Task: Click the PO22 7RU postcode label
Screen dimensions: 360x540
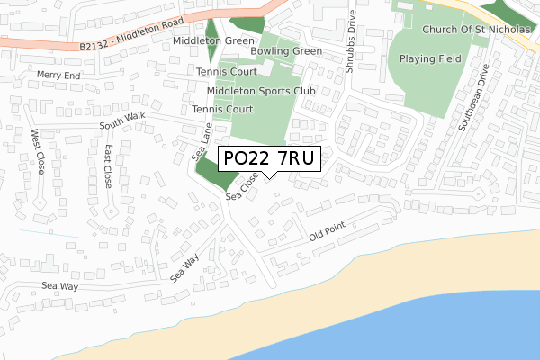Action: [x=269, y=159]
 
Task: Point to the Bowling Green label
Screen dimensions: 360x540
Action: [x=286, y=51]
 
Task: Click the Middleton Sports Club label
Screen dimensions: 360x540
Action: [x=261, y=91]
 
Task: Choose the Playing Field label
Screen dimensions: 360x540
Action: [x=430, y=59]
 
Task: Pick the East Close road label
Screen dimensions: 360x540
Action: [x=108, y=166]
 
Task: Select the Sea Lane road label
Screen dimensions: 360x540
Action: [x=202, y=142]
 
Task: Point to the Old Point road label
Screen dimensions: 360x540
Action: [x=327, y=237]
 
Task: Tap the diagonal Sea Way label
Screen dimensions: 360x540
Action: [x=184, y=267]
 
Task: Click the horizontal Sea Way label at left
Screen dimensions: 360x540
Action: [x=60, y=285]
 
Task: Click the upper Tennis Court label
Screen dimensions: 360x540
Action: [x=227, y=71]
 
